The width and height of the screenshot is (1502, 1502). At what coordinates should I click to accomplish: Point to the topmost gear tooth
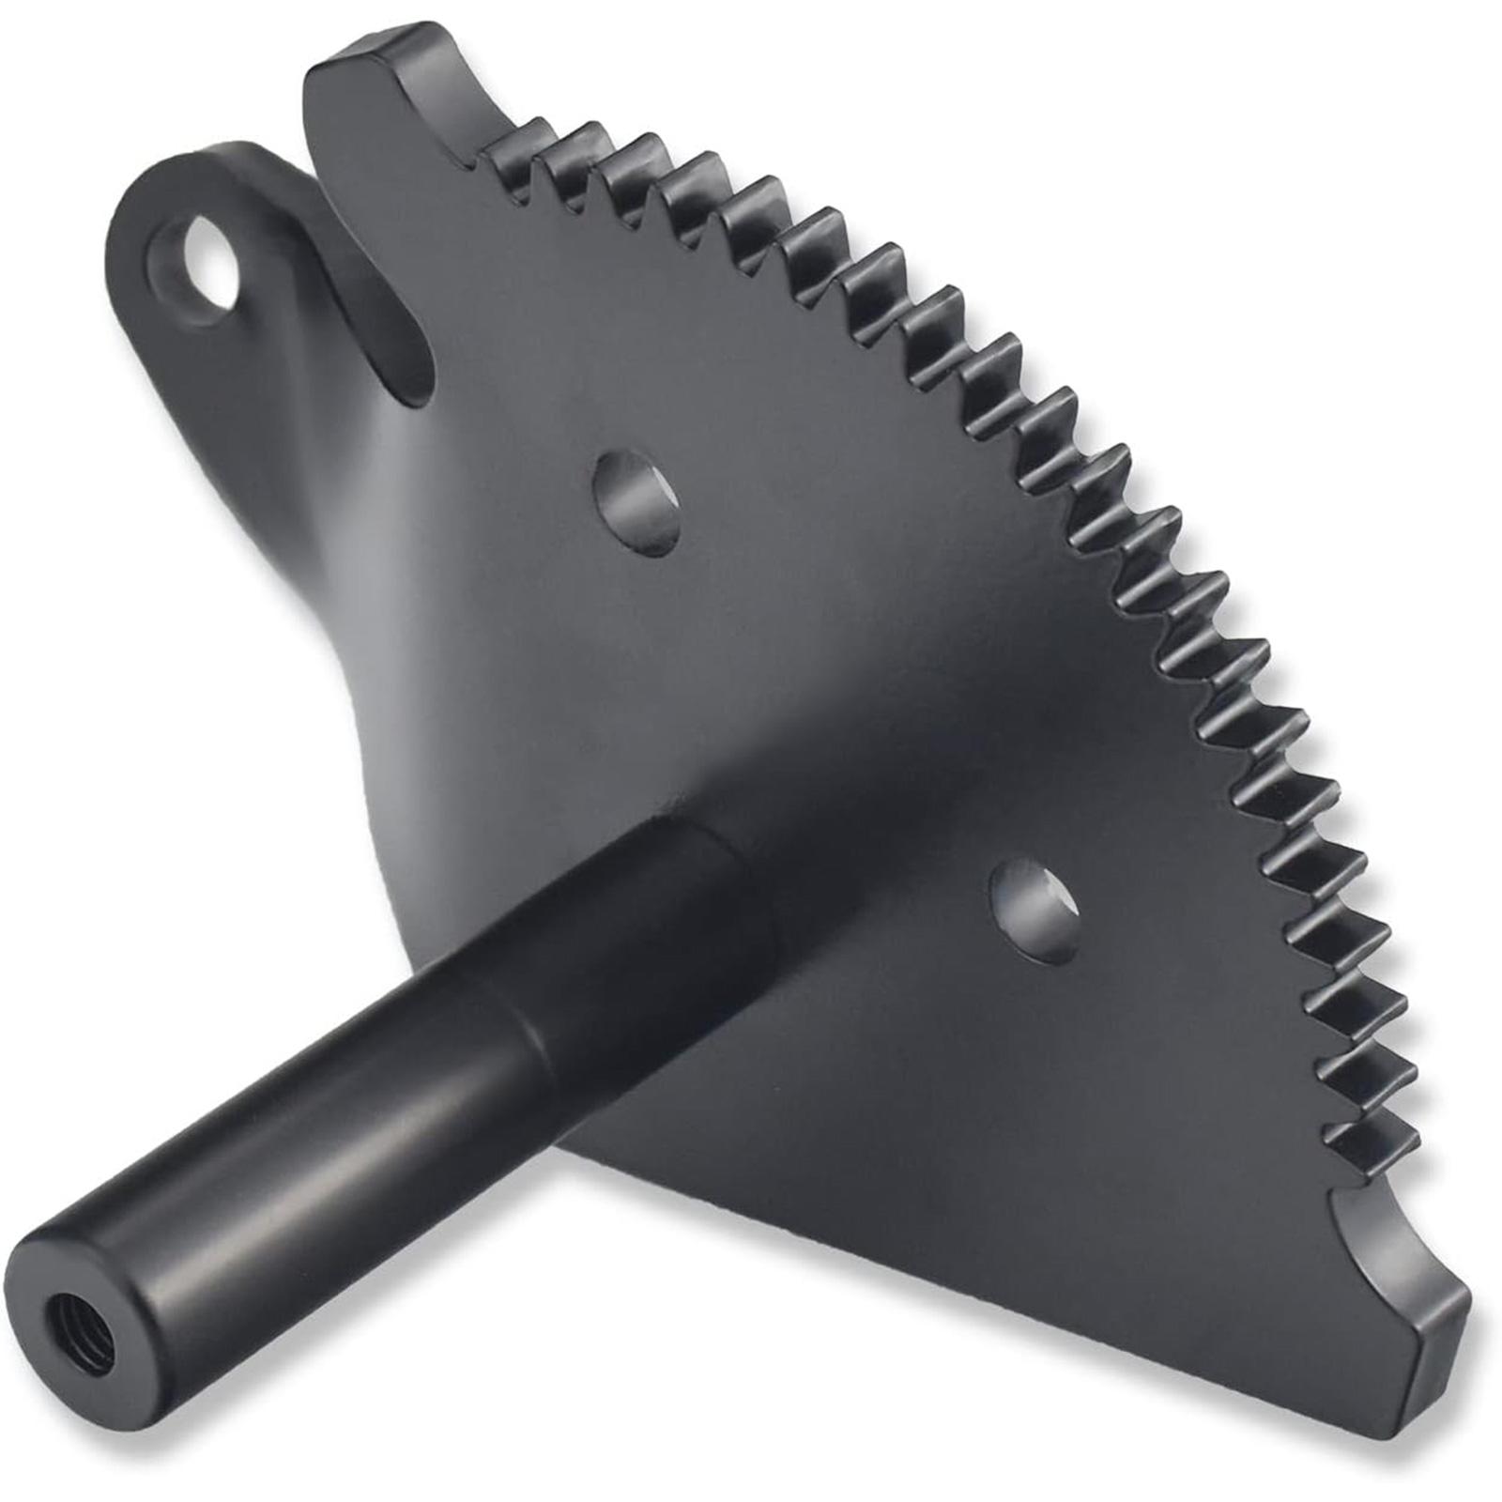tap(513, 139)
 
